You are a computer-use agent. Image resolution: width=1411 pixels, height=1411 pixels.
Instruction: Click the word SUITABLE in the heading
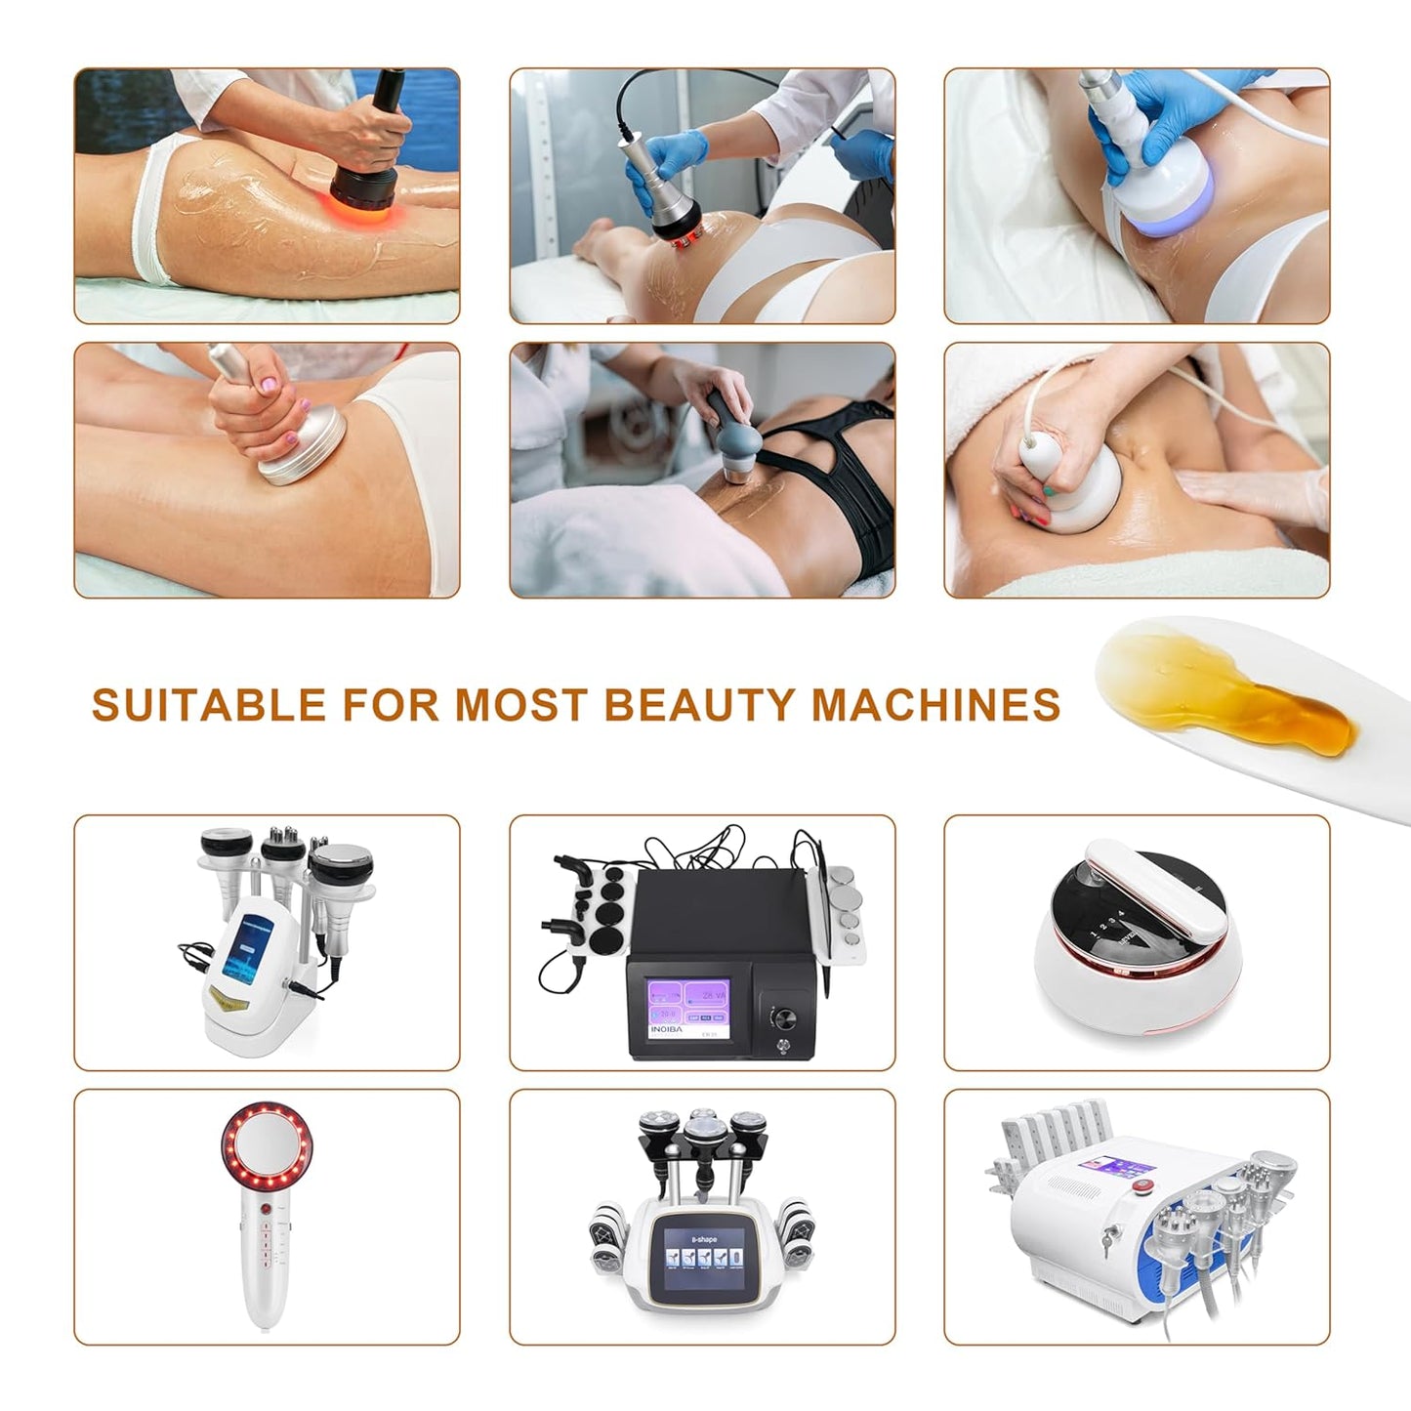point(208,705)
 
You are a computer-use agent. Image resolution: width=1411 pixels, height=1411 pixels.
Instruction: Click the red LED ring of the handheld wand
point(258,1140)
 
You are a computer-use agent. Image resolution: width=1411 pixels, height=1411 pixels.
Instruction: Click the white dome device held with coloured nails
point(1074,488)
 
